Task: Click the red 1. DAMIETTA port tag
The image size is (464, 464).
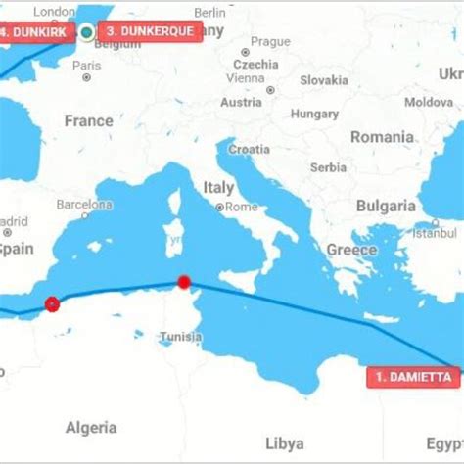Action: point(415,377)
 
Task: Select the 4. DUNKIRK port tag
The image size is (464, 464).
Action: point(36,31)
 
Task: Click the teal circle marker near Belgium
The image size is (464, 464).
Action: point(87,32)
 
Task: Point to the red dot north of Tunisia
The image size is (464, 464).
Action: point(183,283)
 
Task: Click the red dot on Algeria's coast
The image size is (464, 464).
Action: point(52,304)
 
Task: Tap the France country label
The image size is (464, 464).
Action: point(88,121)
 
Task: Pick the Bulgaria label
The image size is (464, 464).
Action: point(385,207)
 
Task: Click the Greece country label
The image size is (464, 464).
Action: point(351,250)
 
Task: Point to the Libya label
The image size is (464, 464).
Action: point(285,443)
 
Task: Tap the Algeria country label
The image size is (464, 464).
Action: point(90,428)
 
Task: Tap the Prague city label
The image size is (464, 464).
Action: point(270,42)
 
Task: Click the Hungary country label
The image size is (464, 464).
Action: point(314,114)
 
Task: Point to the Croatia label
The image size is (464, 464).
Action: point(250,150)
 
